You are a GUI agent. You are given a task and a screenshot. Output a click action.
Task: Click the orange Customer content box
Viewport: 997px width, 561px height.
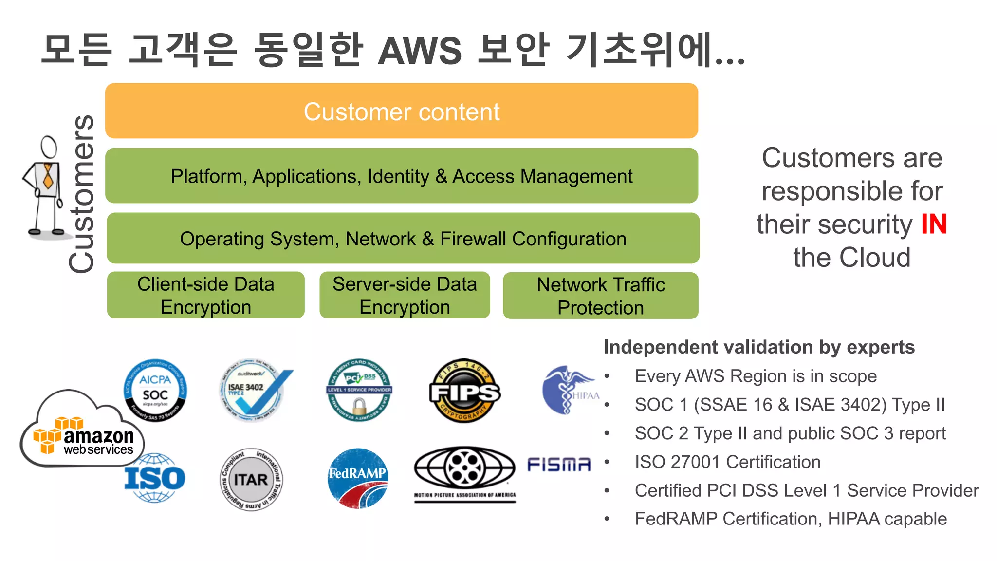(x=402, y=111)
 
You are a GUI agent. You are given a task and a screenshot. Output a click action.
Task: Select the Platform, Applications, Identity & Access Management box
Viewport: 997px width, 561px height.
(x=402, y=176)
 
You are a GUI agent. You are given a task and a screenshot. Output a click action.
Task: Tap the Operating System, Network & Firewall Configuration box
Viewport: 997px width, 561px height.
(x=403, y=239)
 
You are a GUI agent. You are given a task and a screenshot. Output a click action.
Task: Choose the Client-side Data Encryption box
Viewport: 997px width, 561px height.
(x=205, y=295)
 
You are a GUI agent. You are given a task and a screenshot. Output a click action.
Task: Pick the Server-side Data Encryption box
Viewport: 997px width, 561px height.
(x=405, y=295)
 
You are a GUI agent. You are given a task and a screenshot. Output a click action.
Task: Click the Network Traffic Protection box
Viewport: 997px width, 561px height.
(x=600, y=296)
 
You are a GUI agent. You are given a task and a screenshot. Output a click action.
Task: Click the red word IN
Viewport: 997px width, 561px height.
(x=934, y=224)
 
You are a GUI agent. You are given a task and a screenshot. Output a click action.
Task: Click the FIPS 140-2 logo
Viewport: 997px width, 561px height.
(x=464, y=391)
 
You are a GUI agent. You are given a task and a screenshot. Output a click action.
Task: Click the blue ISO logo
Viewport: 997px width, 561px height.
(x=155, y=478)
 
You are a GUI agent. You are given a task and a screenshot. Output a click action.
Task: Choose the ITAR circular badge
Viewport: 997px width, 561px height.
(x=251, y=480)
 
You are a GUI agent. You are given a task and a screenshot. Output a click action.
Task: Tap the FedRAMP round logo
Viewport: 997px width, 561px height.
(x=358, y=478)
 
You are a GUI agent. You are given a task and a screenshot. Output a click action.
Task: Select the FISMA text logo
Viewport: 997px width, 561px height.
(x=559, y=465)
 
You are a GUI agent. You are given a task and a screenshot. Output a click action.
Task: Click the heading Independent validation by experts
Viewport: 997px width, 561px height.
(x=758, y=347)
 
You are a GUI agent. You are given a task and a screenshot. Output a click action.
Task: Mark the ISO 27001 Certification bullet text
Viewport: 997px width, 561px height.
(x=727, y=462)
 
